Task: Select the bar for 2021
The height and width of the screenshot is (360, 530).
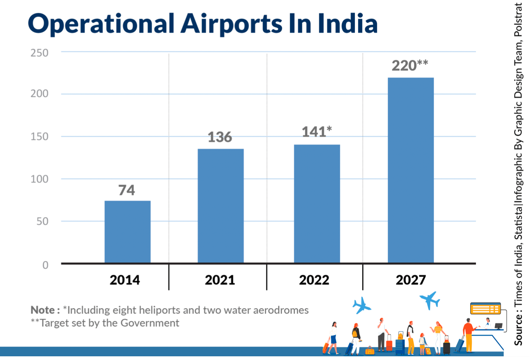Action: [x=220, y=206]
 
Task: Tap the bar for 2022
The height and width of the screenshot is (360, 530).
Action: [x=317, y=203]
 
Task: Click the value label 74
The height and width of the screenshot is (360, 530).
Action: [x=127, y=190]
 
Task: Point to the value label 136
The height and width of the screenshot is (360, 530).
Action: [x=220, y=137]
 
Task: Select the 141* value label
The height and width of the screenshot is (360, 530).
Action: [x=317, y=132]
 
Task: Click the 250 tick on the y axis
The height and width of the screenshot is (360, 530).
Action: [x=40, y=53]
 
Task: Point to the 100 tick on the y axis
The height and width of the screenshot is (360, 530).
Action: [x=40, y=180]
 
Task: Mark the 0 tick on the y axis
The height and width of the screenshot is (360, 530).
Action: [x=45, y=265]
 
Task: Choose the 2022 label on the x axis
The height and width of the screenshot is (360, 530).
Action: [x=314, y=280]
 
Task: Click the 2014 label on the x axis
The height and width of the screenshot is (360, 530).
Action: [x=124, y=280]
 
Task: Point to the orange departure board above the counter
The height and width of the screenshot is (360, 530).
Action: [x=485, y=309]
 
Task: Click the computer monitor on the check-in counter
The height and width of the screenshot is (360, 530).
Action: [x=499, y=326]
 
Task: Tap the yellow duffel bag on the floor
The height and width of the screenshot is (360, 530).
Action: [x=370, y=351]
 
